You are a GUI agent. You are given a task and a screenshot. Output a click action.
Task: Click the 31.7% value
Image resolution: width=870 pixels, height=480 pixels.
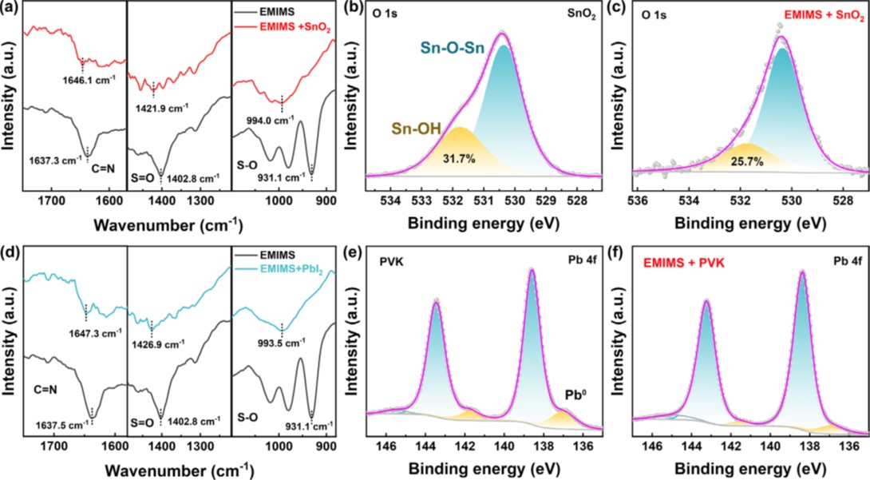click(x=458, y=159)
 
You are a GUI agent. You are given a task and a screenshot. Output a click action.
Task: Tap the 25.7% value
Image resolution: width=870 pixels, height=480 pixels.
click(x=747, y=161)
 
